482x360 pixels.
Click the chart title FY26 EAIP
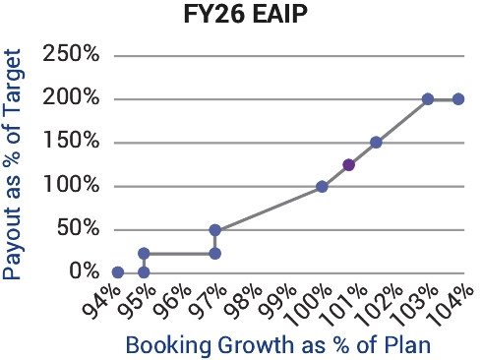coord(246,14)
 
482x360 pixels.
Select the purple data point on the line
coord(348,165)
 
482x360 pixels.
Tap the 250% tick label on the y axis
coord(71,53)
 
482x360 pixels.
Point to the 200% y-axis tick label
coord(71,97)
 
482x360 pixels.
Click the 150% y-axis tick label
coord(71,141)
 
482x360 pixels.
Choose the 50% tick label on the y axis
coord(78,228)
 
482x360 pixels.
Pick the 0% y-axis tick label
coord(85,271)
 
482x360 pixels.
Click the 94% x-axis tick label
coord(102,302)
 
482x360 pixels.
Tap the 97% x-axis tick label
coord(209,302)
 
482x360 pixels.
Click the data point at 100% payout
coord(322,187)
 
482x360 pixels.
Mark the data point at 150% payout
coord(376,143)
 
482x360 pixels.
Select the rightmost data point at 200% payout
coord(458,98)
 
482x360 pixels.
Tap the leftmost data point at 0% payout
coord(118,272)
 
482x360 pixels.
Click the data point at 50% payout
coord(214,230)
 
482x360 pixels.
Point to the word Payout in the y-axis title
coord(12,244)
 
